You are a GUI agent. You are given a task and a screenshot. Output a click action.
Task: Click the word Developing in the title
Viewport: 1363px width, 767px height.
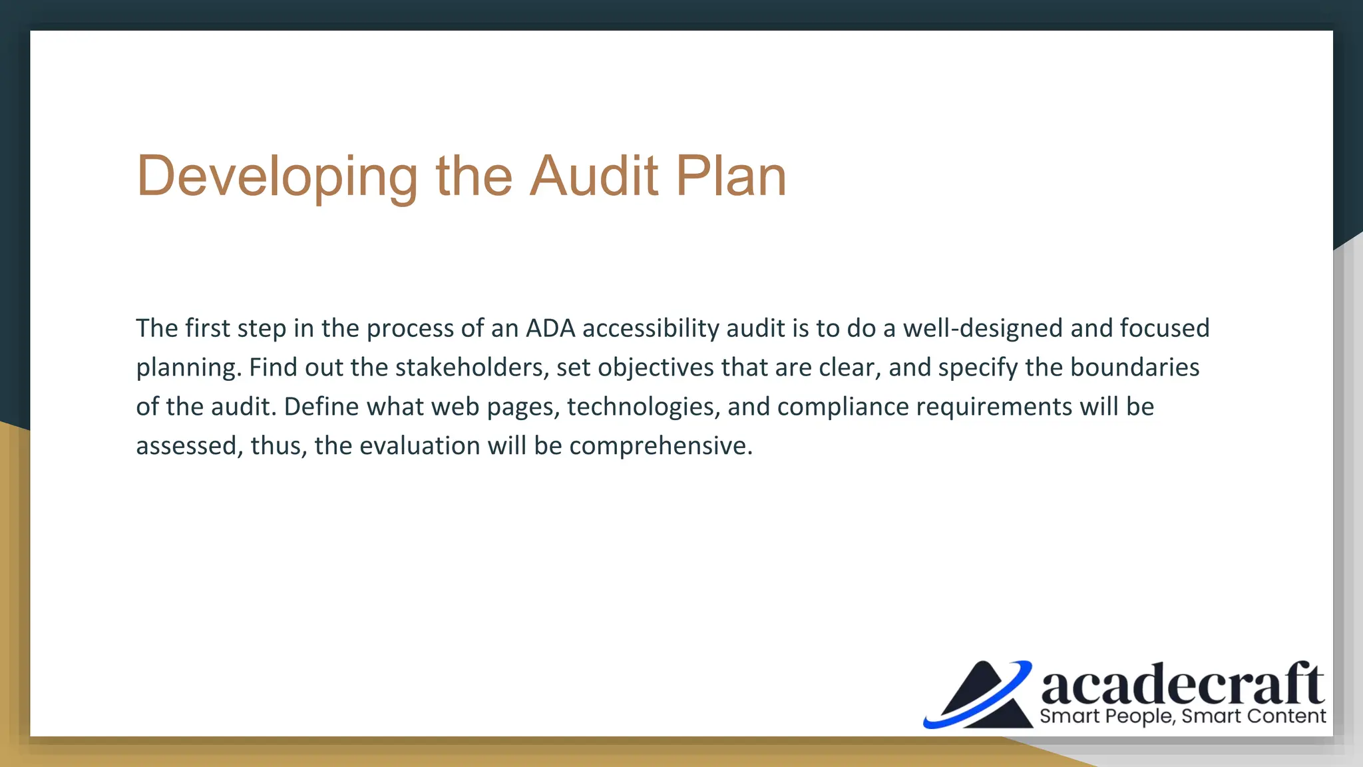click(x=277, y=177)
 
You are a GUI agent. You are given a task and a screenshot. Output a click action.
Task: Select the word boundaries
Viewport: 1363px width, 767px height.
click(x=1134, y=368)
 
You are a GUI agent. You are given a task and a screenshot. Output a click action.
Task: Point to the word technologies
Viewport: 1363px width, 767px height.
click(x=644, y=407)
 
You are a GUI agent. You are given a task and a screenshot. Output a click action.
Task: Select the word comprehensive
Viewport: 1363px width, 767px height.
click(x=660, y=446)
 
